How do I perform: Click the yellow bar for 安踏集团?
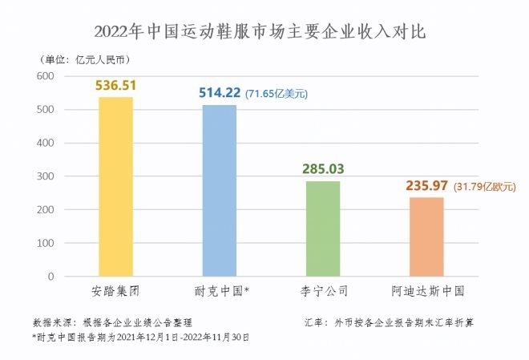(115, 187)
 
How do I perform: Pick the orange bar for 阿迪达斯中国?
(426, 237)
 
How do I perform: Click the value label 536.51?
(115, 86)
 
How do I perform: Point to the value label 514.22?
(219, 94)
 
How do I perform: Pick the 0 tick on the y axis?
(50, 277)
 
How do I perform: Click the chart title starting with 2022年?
(264, 32)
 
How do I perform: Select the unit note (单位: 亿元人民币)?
(84, 59)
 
